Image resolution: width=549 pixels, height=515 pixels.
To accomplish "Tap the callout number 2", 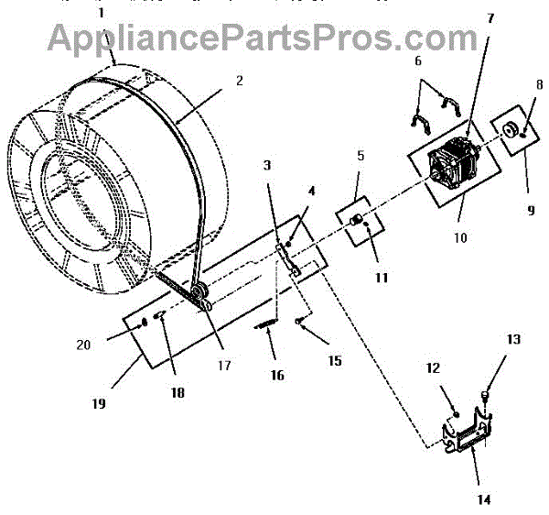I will tap(239, 81).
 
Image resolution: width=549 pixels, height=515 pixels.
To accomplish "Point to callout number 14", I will tap(482, 499).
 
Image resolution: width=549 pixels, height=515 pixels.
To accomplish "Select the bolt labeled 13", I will tap(485, 395).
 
